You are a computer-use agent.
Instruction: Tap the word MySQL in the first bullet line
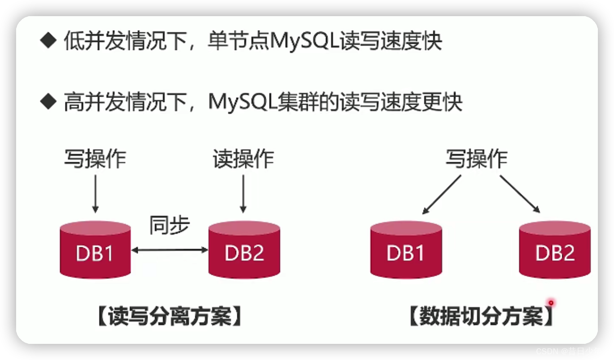point(305,42)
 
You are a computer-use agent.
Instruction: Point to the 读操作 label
point(243,159)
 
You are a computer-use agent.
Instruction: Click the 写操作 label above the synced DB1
point(95,159)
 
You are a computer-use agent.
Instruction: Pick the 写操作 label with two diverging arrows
point(476,159)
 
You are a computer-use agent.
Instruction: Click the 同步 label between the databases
point(170,226)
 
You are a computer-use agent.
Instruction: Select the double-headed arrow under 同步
point(170,250)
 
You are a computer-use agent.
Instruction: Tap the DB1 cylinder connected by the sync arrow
point(95,250)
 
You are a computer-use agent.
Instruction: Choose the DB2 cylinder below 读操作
point(244,250)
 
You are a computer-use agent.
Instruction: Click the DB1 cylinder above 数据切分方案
point(406,250)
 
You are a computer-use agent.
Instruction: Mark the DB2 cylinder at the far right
point(554,250)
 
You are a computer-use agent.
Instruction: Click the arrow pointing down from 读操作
point(243,193)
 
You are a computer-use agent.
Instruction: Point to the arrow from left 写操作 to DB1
point(95,193)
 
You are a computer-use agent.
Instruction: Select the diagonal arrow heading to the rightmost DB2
point(520,193)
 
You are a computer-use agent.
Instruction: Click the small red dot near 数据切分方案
point(551,303)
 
